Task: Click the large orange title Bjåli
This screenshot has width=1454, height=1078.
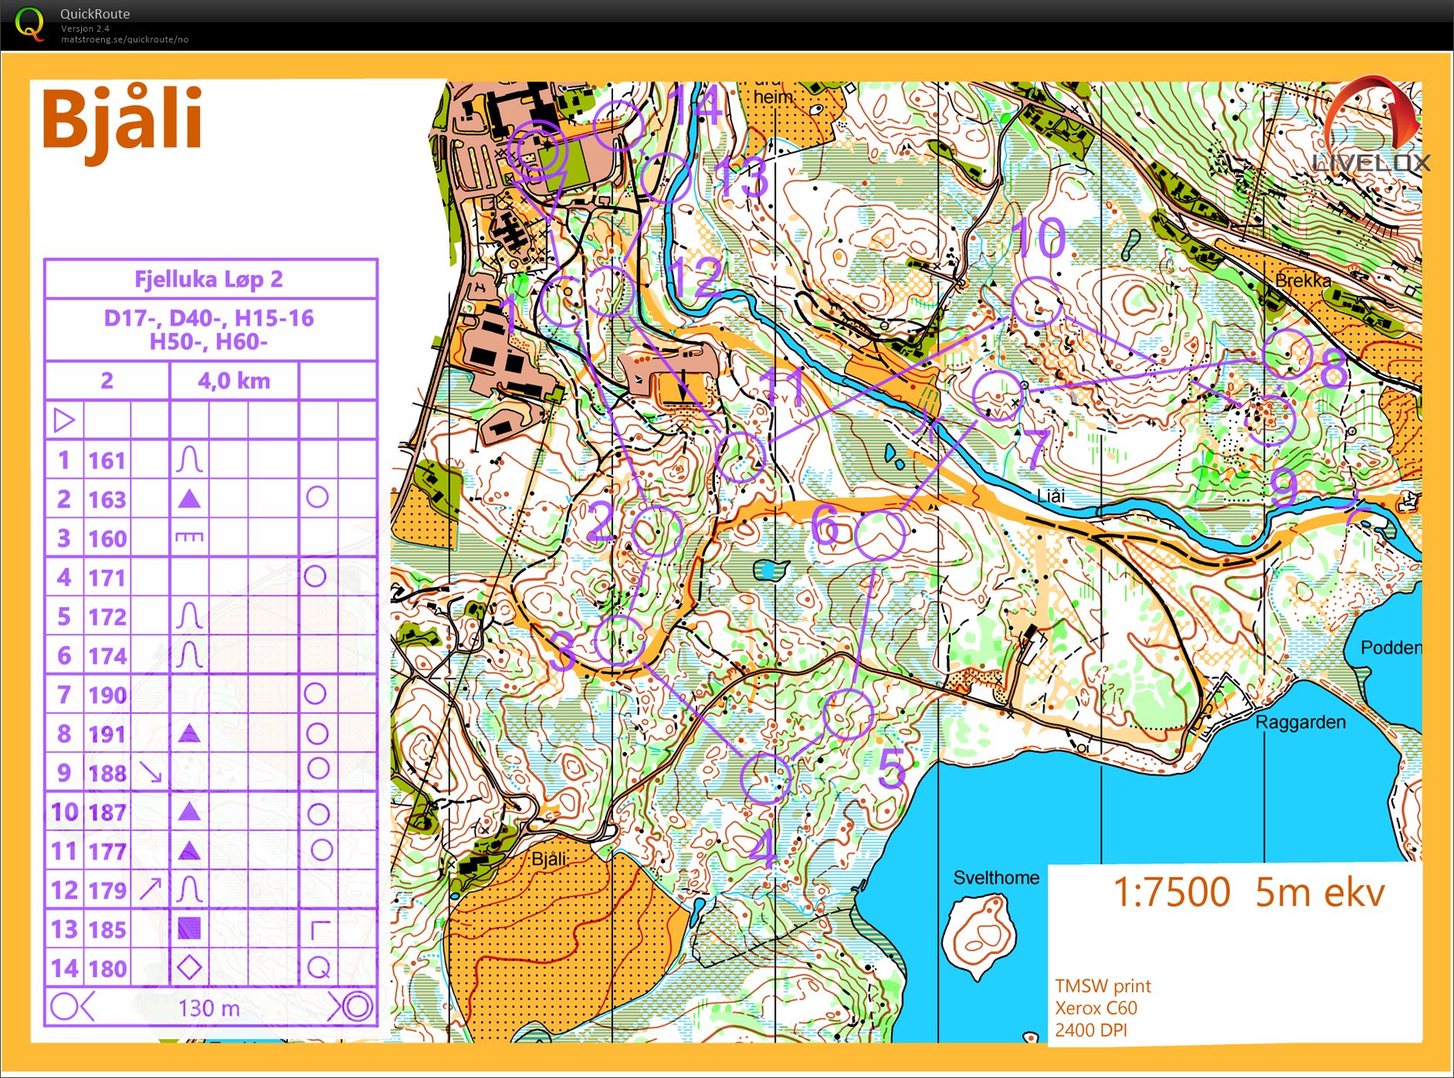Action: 122,120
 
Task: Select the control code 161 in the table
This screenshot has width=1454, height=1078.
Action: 107,461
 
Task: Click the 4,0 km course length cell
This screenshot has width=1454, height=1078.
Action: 233,381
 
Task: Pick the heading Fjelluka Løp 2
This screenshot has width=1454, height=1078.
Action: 209,279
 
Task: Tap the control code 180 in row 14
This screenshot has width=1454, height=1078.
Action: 107,968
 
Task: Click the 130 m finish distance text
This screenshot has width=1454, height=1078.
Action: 208,1008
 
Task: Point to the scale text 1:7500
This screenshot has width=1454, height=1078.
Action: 1171,892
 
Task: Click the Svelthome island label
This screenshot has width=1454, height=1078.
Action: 995,877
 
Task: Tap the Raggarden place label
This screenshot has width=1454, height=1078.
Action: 1300,722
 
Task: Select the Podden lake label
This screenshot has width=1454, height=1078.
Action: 1390,647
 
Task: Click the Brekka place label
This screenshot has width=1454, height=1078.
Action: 1303,280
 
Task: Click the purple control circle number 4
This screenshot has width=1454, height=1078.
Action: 765,778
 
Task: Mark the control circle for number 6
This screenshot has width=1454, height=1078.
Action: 880,534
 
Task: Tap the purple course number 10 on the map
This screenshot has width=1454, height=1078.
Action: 1037,237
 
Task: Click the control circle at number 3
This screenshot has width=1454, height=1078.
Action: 619,640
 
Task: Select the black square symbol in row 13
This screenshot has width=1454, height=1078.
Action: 189,928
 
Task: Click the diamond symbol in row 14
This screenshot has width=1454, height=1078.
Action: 189,967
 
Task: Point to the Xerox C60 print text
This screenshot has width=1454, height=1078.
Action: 1096,1008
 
